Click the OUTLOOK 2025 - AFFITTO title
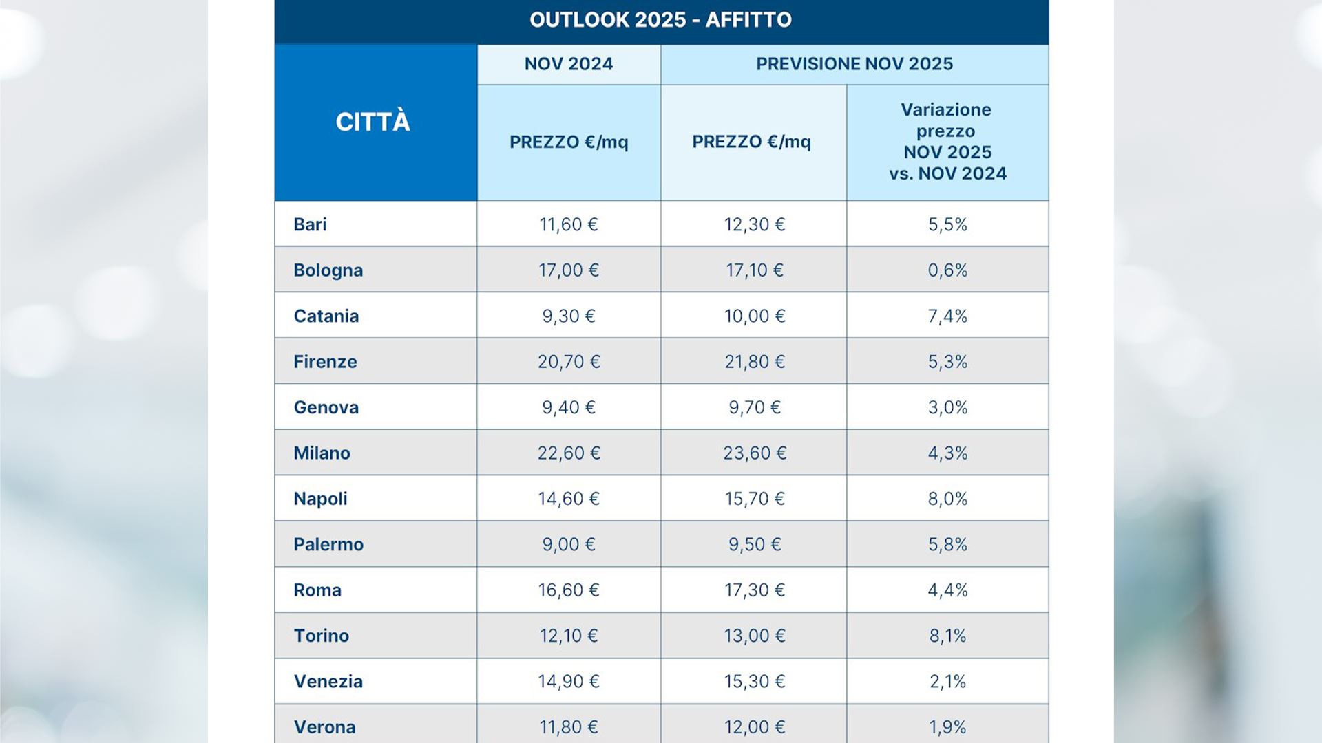(x=660, y=20)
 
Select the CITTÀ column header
(x=373, y=122)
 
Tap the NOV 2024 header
(x=569, y=64)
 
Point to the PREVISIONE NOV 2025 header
(x=854, y=64)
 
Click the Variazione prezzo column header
(x=947, y=142)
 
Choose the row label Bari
(x=310, y=224)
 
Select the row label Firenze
(x=325, y=362)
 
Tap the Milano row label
(x=322, y=453)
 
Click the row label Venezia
(x=328, y=682)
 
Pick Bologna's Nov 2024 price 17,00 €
(x=569, y=270)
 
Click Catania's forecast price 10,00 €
(x=755, y=316)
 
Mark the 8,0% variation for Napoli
(x=947, y=499)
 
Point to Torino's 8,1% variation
(x=947, y=636)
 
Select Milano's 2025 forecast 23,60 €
(x=755, y=453)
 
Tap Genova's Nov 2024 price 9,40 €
(x=569, y=407)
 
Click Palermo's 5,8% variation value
(x=947, y=545)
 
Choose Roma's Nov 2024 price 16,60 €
(x=569, y=590)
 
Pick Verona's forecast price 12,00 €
(x=755, y=727)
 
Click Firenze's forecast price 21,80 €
(x=755, y=362)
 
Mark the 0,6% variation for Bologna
(x=947, y=270)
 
